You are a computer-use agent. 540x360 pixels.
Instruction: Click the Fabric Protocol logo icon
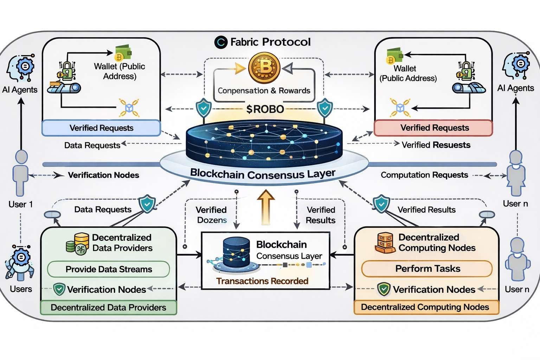point(221,42)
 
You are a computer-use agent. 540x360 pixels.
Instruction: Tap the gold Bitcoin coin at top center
point(264,67)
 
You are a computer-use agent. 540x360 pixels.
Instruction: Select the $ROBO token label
point(265,109)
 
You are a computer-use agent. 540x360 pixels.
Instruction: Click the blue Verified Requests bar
point(101,128)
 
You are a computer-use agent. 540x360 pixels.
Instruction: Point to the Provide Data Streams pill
point(109,269)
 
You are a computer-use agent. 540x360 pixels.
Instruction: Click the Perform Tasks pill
point(427,269)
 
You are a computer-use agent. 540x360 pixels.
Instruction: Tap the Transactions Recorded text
point(262,281)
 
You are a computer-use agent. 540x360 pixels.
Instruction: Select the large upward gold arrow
point(266,207)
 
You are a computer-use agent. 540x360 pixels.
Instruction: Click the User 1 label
point(20,204)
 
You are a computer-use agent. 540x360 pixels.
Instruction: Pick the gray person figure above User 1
point(21,172)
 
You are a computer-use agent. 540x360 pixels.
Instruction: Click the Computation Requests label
point(424,175)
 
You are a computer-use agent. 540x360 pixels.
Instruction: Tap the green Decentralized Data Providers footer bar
point(108,308)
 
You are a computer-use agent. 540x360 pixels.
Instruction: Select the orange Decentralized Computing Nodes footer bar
point(425,307)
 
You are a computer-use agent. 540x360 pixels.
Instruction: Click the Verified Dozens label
point(211,215)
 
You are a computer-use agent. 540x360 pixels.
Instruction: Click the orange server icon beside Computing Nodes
point(385,243)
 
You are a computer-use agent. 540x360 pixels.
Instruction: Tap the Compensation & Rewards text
point(264,91)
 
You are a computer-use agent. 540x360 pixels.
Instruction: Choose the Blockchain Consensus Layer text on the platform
point(263,174)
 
